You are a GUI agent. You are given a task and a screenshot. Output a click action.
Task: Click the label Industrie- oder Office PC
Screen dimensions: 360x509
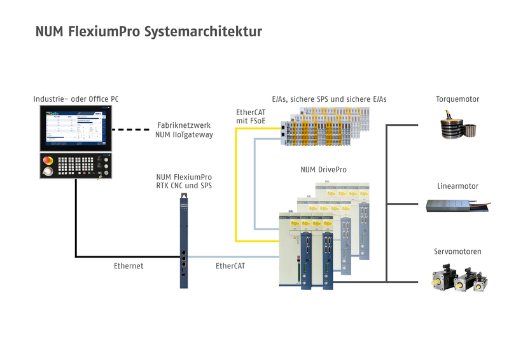[76, 99]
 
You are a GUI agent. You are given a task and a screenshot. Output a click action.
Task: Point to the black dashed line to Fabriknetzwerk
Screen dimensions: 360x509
[132, 129]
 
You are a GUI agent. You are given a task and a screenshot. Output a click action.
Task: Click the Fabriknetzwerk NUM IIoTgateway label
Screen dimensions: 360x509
[184, 130]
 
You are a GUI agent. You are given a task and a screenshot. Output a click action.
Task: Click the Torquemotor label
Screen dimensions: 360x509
[457, 99]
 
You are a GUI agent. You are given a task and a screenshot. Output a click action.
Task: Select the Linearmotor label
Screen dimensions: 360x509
[457, 186]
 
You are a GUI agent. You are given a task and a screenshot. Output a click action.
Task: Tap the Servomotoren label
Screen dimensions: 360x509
[457, 252]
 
